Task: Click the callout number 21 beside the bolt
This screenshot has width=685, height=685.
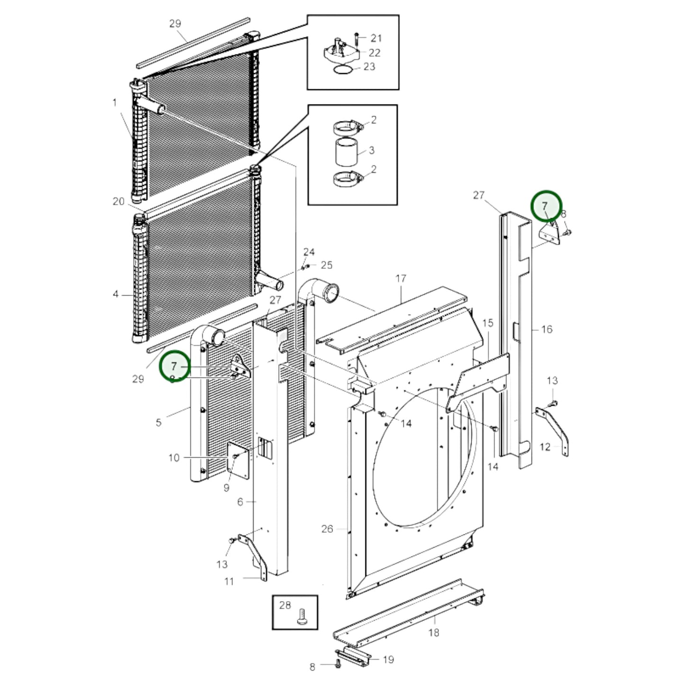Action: coord(376,38)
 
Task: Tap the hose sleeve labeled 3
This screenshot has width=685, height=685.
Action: coord(347,151)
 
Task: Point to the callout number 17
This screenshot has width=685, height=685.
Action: coord(401,278)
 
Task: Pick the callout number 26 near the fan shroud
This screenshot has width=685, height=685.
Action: coord(327,529)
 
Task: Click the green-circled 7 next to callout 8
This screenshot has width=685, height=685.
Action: coord(545,206)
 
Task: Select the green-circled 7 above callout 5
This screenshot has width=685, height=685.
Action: coord(174,366)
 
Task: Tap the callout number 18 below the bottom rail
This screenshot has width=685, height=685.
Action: coord(433,632)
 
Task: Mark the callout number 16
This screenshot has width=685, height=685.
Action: coord(547,329)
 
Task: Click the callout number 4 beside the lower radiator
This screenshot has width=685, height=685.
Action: coord(116,294)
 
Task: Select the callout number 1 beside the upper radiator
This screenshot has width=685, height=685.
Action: coord(114,102)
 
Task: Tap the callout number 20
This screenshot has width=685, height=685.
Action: coord(118,201)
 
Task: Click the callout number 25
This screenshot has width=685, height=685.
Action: coord(327,265)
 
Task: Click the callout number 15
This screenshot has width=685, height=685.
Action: coord(488,323)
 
